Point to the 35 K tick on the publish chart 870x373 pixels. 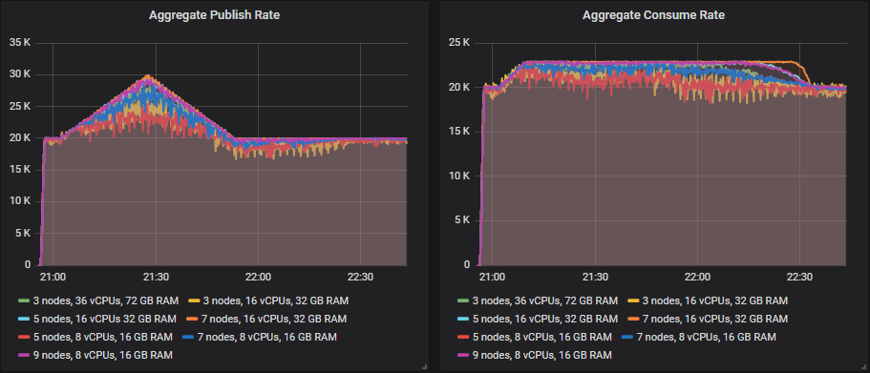(x=21, y=42)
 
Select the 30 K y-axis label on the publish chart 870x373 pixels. (x=21, y=74)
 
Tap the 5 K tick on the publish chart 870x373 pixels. (x=25, y=234)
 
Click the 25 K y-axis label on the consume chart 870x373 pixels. (x=459, y=42)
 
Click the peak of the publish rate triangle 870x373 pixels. (x=148, y=76)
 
